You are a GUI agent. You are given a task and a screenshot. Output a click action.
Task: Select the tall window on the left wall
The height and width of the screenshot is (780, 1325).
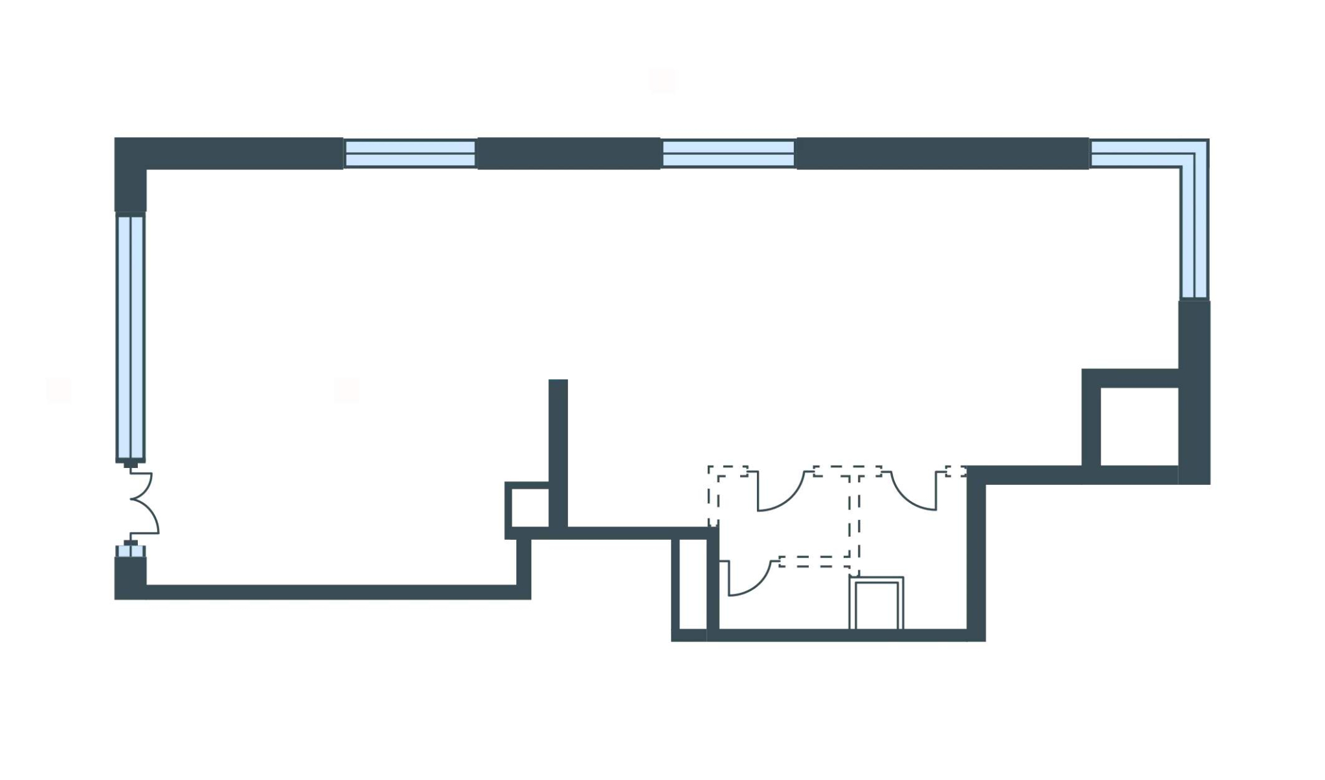pos(131,337)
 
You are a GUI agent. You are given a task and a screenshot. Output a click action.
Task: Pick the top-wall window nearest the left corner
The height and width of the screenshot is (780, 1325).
pos(410,154)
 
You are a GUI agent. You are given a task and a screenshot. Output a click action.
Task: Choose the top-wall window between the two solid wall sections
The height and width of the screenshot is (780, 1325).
pos(728,154)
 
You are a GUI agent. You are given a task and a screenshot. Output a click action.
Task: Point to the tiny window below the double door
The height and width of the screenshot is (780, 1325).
pos(130,551)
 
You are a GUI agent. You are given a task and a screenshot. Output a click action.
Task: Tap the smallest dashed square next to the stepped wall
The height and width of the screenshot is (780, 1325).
pos(956,471)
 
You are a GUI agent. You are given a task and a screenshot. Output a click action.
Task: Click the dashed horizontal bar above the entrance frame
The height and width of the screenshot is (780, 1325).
pos(814,561)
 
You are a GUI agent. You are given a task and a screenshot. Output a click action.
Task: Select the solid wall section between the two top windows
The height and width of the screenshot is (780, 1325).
pos(569,153)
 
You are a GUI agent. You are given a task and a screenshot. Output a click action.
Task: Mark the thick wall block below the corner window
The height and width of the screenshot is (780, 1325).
pos(1194,392)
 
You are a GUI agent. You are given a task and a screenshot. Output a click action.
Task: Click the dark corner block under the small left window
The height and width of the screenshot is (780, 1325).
pos(130,578)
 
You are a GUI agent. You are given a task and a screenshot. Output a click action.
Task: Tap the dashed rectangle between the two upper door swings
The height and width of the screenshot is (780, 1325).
pos(848,471)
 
